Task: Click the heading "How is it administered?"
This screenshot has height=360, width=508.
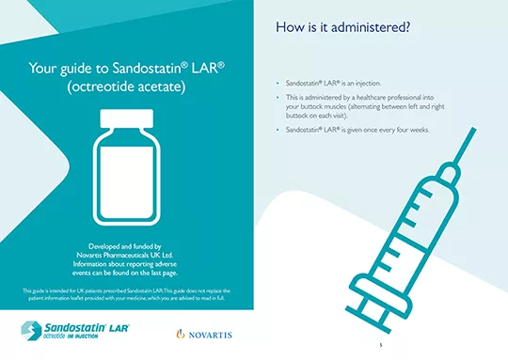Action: [x=342, y=27]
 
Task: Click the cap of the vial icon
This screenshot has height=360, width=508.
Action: [x=126, y=120]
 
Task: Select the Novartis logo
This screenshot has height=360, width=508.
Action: [x=204, y=334]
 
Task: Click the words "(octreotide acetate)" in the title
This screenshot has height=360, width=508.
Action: [x=126, y=87]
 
